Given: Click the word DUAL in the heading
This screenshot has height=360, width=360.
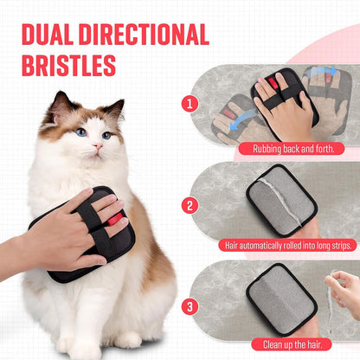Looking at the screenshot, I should point(48,35).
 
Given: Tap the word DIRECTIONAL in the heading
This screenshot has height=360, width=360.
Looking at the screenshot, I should point(144,35).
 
